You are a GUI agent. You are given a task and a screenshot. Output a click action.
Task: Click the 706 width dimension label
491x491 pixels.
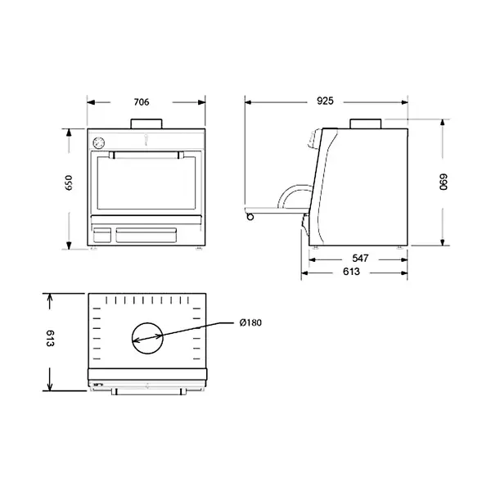pyautogui.click(x=141, y=102)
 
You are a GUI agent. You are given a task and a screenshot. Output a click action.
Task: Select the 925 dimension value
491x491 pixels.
pyautogui.click(x=324, y=102)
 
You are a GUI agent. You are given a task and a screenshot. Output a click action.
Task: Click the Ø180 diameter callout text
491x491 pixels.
pyautogui.click(x=250, y=323)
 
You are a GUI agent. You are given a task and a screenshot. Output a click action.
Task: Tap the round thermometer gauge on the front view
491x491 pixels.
pyautogui.click(x=99, y=141)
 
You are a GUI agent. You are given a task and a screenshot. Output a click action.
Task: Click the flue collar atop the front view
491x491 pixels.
pyautogui.click(x=146, y=124)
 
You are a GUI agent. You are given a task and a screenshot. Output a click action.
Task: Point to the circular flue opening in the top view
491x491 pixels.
pyautogui.click(x=146, y=336)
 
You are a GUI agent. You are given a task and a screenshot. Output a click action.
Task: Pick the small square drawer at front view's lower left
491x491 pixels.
pyautogui.click(x=101, y=235)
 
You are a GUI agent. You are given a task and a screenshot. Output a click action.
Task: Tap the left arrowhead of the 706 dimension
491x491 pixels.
pyautogui.click(x=92, y=102)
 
